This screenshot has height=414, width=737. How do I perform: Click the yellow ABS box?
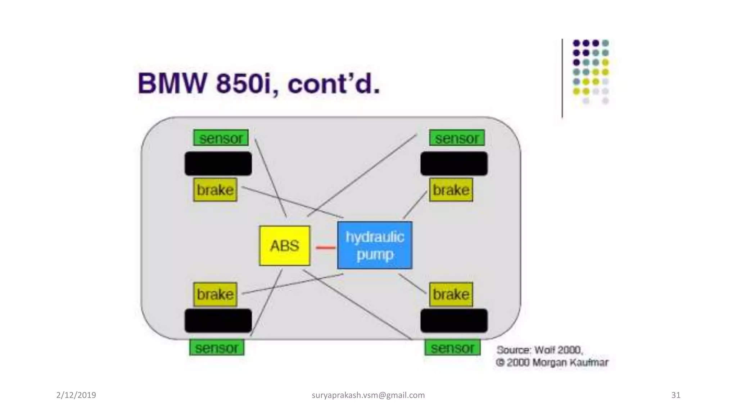click(284, 246)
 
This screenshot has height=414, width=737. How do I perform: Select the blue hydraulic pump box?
click(375, 245)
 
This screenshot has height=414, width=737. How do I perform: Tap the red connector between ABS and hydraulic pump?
click(325, 247)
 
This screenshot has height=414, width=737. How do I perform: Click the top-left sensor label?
click(221, 138)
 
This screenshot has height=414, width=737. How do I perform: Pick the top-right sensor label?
click(457, 138)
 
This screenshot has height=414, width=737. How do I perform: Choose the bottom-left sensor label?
click(217, 348)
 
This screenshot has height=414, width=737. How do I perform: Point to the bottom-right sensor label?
click(452, 348)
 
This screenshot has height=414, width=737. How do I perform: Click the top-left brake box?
click(215, 190)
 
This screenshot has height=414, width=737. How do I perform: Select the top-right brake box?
click(451, 190)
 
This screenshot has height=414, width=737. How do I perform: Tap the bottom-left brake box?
click(215, 294)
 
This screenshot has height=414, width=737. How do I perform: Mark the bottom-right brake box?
click(451, 294)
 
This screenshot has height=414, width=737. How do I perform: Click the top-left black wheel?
click(218, 164)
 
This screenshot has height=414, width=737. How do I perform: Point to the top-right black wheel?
click(454, 164)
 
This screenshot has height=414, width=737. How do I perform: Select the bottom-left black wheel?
click(218, 321)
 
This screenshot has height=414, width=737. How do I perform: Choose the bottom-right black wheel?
click(454, 321)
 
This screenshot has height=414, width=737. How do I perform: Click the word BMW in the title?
click(172, 84)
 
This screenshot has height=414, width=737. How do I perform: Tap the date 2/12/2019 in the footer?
click(76, 395)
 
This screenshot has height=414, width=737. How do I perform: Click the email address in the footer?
click(368, 395)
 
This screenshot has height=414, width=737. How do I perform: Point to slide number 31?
click(676, 395)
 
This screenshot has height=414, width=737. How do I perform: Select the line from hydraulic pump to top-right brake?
click(415, 204)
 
